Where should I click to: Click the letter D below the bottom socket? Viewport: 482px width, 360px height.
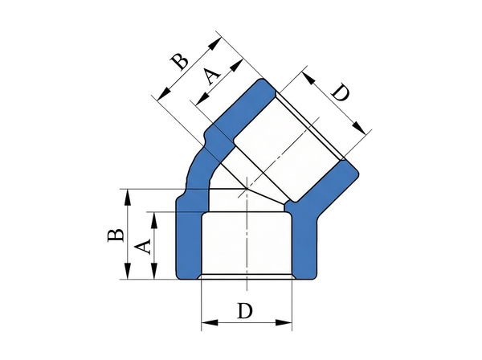[x=245, y=310]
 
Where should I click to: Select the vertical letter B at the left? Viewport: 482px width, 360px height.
[x=116, y=235]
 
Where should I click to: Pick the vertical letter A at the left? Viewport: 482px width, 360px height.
[x=143, y=247]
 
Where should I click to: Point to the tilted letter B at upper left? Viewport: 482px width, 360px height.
[x=180, y=62]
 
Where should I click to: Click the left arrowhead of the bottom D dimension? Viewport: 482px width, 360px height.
[x=210, y=323]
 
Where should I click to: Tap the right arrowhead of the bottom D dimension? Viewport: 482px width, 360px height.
[x=284, y=323]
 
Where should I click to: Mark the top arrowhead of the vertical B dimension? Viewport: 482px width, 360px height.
[x=128, y=198]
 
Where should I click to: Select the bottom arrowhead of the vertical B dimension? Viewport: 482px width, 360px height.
[x=128, y=271]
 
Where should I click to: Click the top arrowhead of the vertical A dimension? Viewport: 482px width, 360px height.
[x=154, y=220]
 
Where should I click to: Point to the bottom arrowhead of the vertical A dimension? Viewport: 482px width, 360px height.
[x=154, y=271]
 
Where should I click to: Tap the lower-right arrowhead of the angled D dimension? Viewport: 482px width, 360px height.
[x=359, y=128]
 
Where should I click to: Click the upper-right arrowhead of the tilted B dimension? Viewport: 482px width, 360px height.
[x=214, y=43]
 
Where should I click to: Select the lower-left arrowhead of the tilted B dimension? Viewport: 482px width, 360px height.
[x=164, y=94]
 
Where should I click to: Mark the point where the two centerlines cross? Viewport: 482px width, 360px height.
[x=247, y=188]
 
